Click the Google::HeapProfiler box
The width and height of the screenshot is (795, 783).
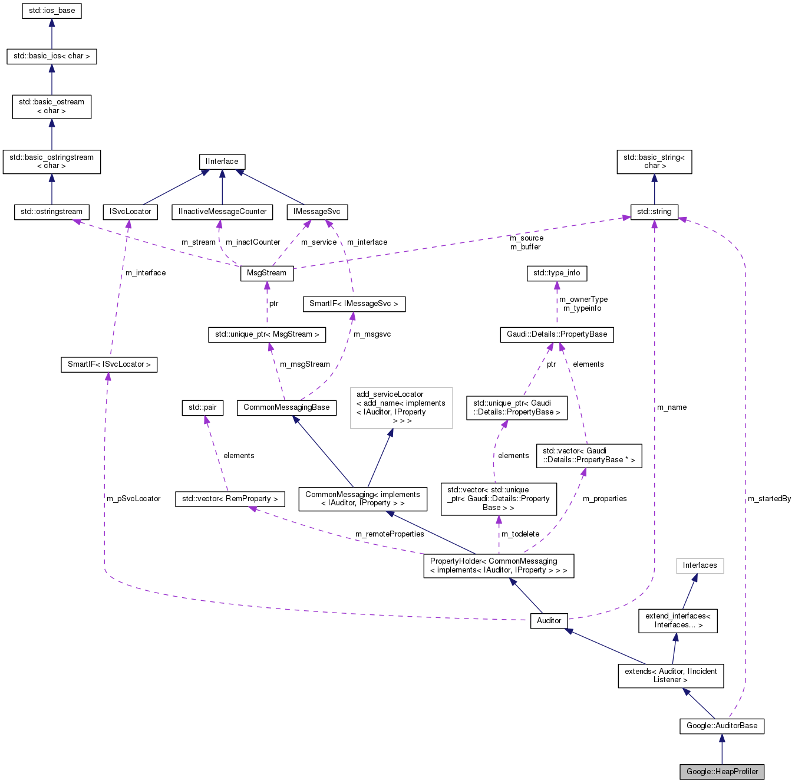722,771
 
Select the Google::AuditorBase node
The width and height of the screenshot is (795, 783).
722,725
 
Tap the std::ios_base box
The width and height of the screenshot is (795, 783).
52,11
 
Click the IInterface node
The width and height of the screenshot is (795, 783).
222,162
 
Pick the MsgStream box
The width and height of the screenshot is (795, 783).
266,273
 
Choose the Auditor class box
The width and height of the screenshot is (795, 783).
549,620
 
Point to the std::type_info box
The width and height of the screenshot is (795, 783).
556,273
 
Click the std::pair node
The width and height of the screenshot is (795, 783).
202,407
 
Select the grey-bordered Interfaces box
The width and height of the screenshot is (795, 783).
700,565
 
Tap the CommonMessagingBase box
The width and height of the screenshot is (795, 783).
286,407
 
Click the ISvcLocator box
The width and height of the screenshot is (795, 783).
130,212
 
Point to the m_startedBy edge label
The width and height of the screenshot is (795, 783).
769,499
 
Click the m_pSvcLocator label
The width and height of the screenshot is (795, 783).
134,499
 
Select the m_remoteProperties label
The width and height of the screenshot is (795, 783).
390,534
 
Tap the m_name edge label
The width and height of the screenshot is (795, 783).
672,407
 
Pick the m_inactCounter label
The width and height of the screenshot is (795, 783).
253,242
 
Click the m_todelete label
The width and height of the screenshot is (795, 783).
520,534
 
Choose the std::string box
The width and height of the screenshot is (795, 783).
654,212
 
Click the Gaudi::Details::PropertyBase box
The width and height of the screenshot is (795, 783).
557,334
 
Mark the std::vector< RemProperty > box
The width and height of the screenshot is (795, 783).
230,499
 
